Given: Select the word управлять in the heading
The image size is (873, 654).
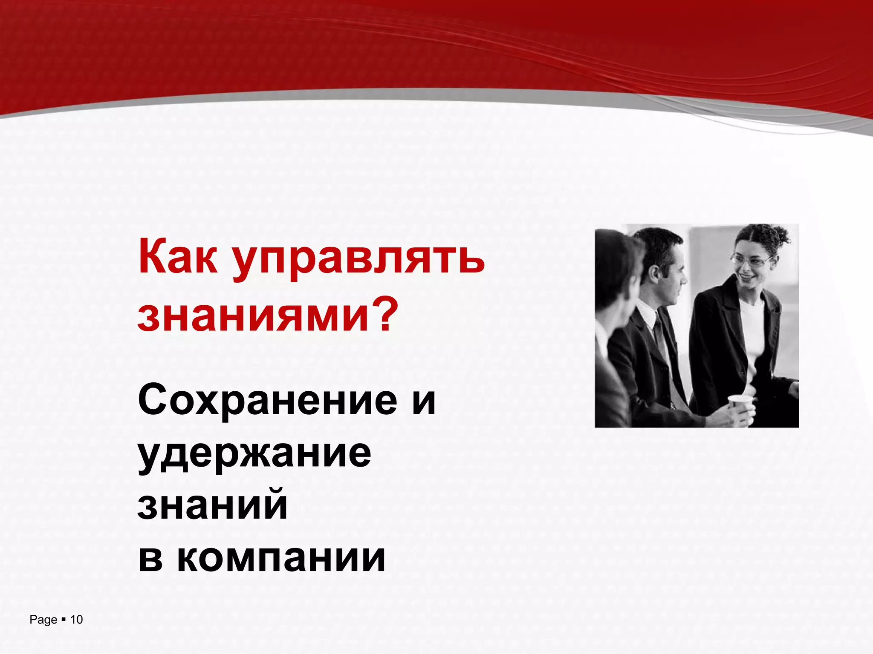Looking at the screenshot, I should coord(359,261).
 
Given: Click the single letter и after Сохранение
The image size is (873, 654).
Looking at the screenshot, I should coord(424,402).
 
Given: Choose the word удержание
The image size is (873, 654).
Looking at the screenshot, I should coord(254,455).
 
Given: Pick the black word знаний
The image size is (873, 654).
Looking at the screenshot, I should coord(213,505).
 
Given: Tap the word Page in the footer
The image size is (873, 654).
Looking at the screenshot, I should coord(43,620).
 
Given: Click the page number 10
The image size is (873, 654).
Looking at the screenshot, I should coord(76,620).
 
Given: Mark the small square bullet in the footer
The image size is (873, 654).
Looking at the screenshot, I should coord(64,620).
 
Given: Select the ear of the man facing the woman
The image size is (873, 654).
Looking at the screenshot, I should coord(652,275).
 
